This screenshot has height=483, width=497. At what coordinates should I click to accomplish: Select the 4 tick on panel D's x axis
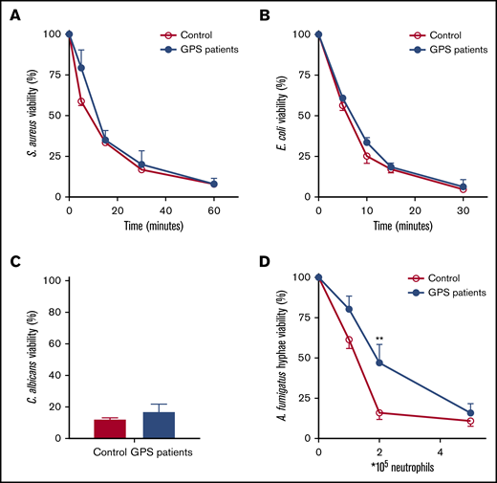(440, 451)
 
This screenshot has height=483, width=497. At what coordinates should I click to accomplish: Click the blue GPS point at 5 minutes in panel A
(81, 68)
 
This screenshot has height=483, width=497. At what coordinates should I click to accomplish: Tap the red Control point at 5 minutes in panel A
(81, 101)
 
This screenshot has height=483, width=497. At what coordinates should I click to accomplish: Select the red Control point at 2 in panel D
(379, 413)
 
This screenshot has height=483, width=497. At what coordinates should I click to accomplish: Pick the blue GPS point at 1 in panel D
(349, 309)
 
